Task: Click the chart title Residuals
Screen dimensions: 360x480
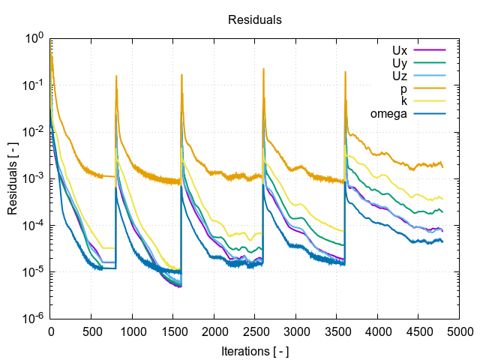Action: (x=255, y=20)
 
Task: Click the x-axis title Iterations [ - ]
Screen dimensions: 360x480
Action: (x=255, y=350)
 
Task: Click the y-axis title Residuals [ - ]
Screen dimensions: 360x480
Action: (x=13, y=178)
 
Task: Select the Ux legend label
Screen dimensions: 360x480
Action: (x=399, y=50)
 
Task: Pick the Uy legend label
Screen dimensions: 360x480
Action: (x=399, y=63)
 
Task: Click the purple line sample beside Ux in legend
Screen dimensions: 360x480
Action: (x=430, y=50)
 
